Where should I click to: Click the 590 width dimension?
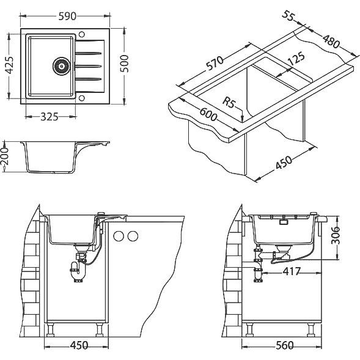[67, 17]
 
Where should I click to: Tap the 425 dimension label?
[10, 65]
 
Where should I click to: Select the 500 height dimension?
[125, 64]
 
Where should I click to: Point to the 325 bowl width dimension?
[50, 117]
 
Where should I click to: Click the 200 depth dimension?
[5, 156]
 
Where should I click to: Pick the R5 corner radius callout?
[229, 103]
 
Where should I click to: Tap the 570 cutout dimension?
[215, 63]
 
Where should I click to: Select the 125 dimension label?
[296, 59]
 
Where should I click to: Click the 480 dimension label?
[331, 41]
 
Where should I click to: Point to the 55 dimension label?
[288, 16]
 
